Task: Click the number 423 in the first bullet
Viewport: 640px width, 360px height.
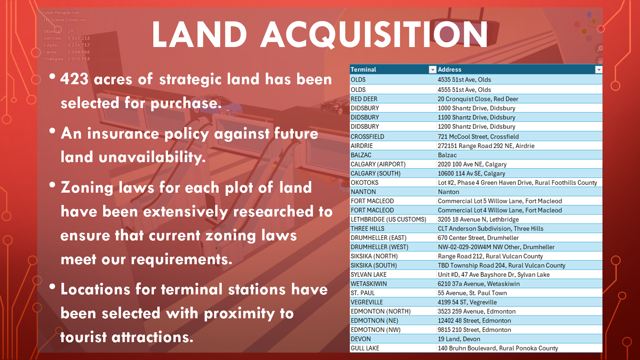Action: tap(74, 79)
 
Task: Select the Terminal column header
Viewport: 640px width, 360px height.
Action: tap(363, 69)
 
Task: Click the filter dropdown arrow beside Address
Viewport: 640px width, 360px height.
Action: tap(599, 70)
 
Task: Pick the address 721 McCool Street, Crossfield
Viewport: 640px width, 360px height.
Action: tap(478, 136)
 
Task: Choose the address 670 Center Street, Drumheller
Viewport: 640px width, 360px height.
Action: tap(478, 238)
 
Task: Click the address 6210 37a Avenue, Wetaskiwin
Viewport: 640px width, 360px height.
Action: tap(479, 284)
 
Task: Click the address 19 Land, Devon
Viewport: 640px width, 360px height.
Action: tap(459, 339)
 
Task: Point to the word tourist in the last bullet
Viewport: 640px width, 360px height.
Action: tap(84, 337)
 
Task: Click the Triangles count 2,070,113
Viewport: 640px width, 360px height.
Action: tap(79, 59)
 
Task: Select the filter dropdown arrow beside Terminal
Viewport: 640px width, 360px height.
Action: tap(432, 70)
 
